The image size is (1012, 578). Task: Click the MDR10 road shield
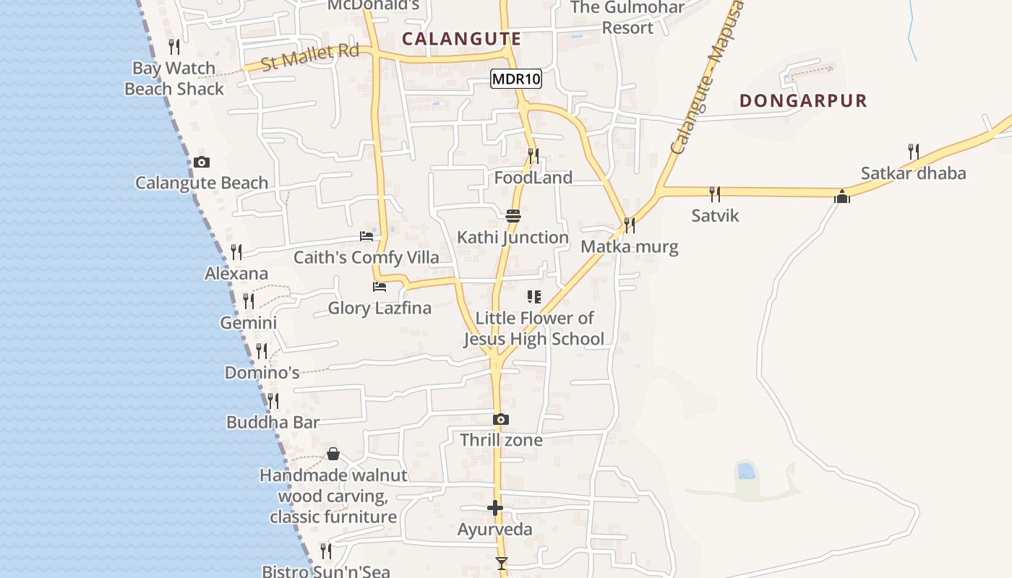coord(516,79)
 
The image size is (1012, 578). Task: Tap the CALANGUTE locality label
coord(461,39)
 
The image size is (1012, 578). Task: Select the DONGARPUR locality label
coord(803,100)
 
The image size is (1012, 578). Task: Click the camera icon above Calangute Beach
coord(202,162)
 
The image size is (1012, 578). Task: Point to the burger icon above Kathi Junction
coord(513,215)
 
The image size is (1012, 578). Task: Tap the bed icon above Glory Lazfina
coord(379,287)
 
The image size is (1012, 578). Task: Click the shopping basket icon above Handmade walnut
coord(333,454)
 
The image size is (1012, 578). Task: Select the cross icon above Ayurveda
coord(495,508)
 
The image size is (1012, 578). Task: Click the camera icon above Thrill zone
coord(500,419)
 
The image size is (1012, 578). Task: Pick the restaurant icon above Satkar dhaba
coord(914,152)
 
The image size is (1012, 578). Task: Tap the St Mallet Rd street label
coord(310,56)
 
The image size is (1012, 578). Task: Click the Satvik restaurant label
coord(715,215)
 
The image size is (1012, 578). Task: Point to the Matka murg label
coord(630,247)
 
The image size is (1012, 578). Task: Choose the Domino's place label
coord(262,373)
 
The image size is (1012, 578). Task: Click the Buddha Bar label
coord(273,423)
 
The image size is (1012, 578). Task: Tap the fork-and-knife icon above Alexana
coord(236,251)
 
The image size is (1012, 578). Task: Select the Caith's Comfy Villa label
coord(366,258)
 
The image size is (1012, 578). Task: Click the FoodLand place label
coord(533,178)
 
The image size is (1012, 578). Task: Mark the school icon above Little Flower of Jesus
coord(534,296)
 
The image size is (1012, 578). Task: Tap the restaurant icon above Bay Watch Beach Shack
coord(174,47)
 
